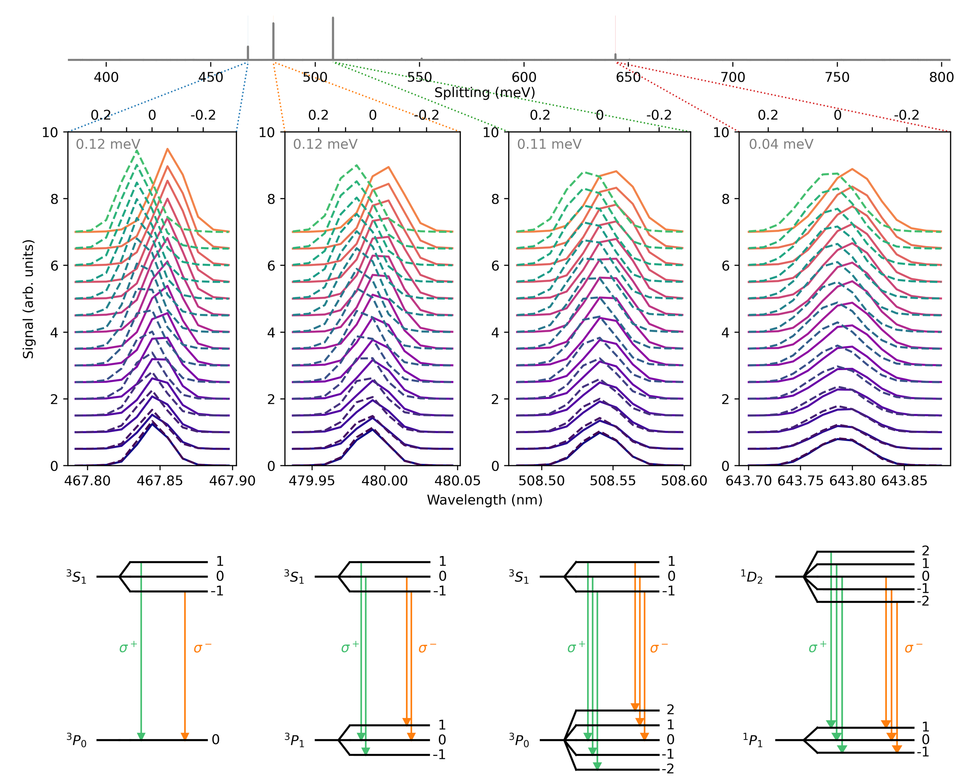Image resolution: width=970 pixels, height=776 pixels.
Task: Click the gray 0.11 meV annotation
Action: [549, 144]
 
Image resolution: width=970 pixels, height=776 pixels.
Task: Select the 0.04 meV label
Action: [781, 144]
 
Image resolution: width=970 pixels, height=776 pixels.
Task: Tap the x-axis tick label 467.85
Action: [160, 481]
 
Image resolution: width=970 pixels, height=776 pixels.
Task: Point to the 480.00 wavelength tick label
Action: [384, 481]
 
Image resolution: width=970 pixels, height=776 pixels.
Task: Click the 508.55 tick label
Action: [612, 481]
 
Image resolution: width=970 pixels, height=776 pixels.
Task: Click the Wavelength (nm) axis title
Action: [485, 500]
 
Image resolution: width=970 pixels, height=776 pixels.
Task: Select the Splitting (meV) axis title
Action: [485, 93]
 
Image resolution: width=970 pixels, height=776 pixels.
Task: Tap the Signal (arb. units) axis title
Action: [28, 299]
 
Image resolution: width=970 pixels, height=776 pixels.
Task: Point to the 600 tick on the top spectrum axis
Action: [524, 77]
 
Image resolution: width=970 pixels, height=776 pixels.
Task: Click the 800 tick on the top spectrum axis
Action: [941, 77]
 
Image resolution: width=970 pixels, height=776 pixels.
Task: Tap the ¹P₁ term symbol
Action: [752, 740]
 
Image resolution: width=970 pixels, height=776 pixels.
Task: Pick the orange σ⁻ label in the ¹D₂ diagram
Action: [913, 648]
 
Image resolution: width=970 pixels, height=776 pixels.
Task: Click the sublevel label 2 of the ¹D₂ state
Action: [925, 551]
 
